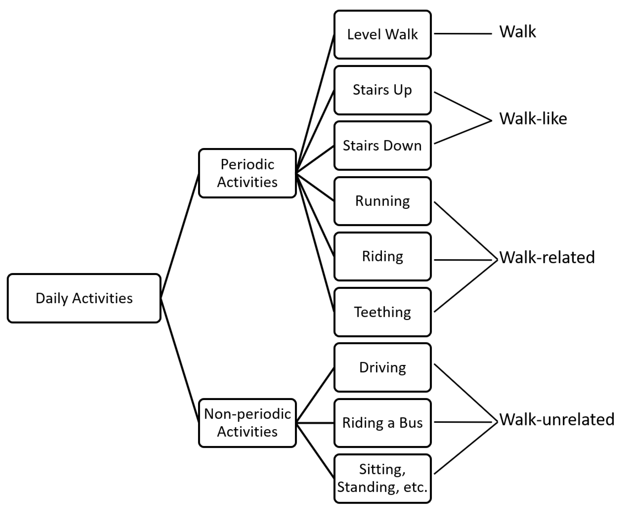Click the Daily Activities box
84,298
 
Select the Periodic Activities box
247,173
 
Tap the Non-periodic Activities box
247,423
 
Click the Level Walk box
382,34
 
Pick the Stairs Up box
382,90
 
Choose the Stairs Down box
382,146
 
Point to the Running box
382,201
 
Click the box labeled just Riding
382,257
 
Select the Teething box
382,312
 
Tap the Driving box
382,367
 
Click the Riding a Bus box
382,423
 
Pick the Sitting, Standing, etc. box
382,478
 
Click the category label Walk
517,32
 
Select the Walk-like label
533,119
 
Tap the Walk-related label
547,257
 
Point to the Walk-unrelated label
557,419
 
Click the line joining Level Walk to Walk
463,34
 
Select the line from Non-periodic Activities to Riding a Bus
315,423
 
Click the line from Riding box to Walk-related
463,260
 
